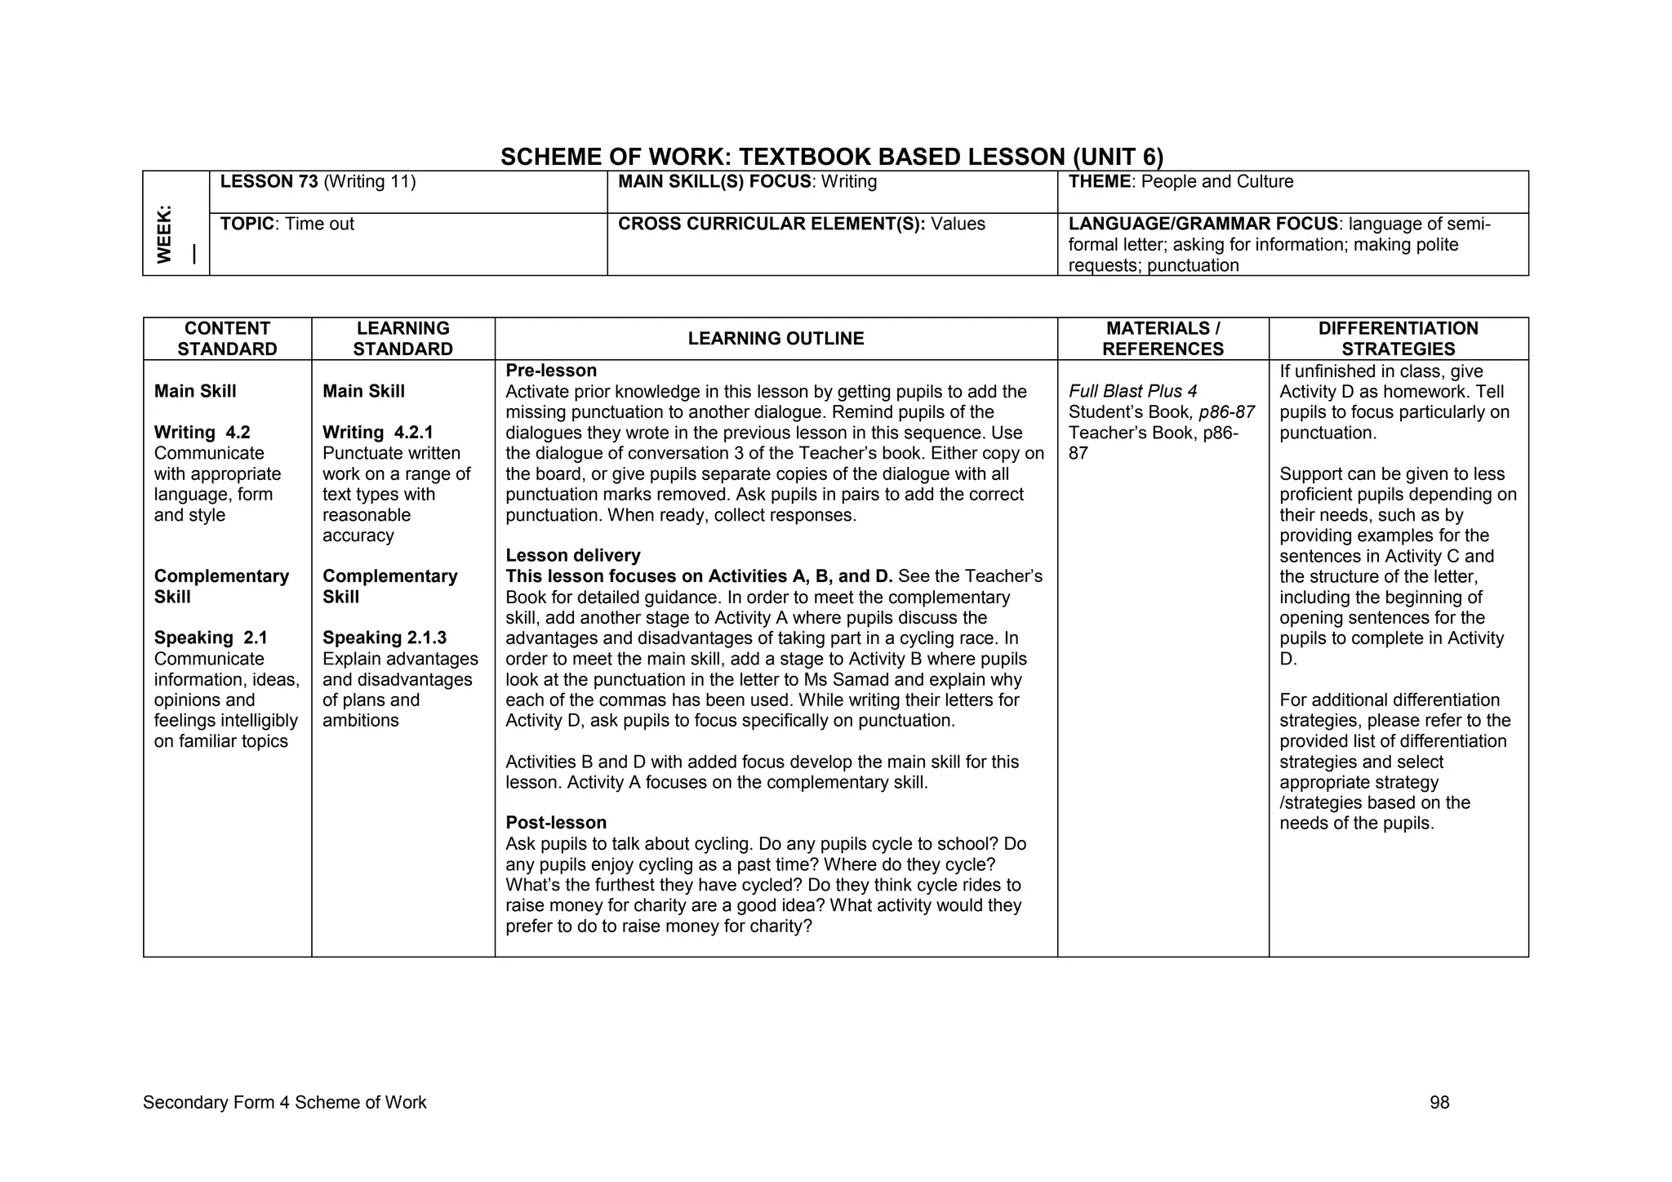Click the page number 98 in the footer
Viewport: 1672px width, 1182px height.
[1439, 1103]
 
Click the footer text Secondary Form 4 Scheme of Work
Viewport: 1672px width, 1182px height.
[284, 1103]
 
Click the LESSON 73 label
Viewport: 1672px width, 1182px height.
[269, 182]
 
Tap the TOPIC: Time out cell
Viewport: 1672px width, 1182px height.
[287, 224]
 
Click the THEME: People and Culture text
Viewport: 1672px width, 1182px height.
[1181, 182]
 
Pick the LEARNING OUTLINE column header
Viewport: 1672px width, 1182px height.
[776, 339]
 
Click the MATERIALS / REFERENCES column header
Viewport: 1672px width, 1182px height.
[1163, 339]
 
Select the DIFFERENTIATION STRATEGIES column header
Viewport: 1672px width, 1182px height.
[1398, 339]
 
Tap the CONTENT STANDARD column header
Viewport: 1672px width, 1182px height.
[227, 339]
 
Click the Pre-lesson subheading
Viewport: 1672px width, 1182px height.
[551, 371]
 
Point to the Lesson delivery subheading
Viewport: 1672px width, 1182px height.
[572, 556]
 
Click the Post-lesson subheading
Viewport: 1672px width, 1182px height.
[556, 823]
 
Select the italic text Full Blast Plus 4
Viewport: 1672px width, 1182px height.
[1132, 392]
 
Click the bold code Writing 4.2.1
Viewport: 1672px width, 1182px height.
[377, 433]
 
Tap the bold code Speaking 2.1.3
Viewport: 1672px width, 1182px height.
[384, 638]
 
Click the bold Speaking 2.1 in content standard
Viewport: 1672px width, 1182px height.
[211, 638]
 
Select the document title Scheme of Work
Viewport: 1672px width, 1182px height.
[831, 157]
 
